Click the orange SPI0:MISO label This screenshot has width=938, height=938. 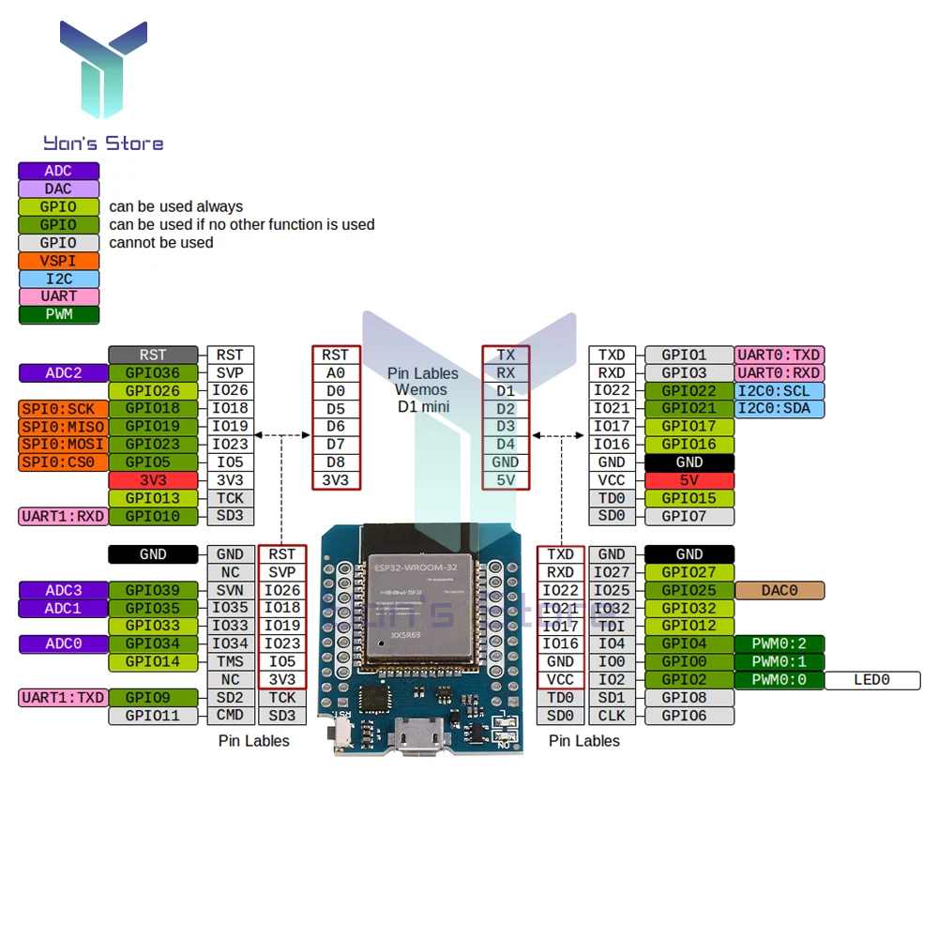[x=63, y=427]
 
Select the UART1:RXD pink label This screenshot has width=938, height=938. [x=63, y=516]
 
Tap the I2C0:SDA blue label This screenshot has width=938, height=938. [x=779, y=409]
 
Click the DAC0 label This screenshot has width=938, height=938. [x=779, y=591]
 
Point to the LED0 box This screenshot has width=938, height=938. [x=871, y=680]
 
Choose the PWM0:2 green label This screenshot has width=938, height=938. [x=779, y=644]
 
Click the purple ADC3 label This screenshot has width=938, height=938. [x=63, y=591]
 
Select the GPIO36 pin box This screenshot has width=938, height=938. [x=153, y=373]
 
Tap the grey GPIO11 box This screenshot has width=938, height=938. [x=153, y=716]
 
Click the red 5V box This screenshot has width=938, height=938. [x=689, y=480]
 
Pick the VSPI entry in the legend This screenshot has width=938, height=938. [x=58, y=261]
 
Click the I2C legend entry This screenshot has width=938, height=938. [x=58, y=279]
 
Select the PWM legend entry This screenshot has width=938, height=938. [x=58, y=314]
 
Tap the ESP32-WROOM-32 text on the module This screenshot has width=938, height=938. [x=416, y=567]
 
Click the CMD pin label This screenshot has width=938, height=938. [x=230, y=716]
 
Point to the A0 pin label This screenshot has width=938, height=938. [x=335, y=373]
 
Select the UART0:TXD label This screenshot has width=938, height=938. [x=779, y=356]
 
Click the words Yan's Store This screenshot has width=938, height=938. [x=103, y=144]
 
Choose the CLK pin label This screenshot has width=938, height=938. [x=612, y=716]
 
